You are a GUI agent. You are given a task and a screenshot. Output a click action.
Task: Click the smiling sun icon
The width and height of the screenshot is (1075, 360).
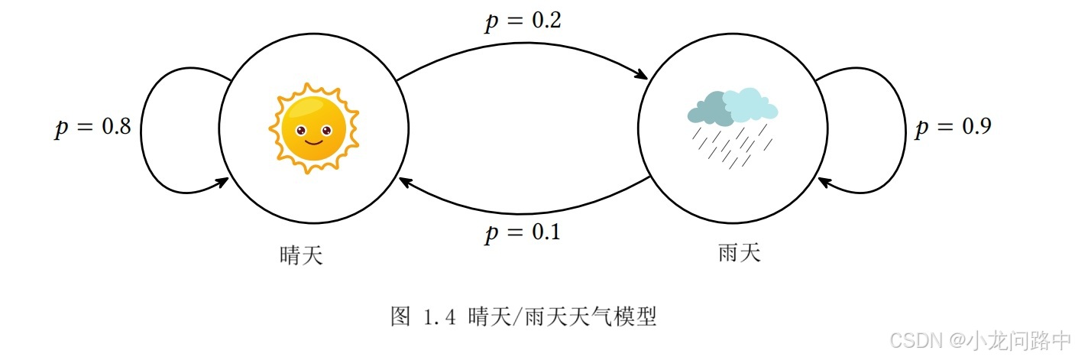(313, 128)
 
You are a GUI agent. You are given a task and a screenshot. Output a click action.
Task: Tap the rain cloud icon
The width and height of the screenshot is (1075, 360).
(732, 126)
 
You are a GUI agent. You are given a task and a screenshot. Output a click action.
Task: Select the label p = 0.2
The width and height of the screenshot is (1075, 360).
(523, 21)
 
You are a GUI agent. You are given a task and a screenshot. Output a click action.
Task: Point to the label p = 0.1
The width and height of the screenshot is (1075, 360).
(523, 232)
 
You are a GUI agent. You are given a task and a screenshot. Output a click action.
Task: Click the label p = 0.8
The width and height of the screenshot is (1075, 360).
(92, 127)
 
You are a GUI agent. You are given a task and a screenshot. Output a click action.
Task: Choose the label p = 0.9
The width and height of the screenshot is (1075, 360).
(953, 127)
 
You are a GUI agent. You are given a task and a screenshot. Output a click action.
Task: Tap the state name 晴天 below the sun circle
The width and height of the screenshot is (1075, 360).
(302, 255)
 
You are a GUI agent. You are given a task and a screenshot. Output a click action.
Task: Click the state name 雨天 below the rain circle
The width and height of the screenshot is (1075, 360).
(740, 252)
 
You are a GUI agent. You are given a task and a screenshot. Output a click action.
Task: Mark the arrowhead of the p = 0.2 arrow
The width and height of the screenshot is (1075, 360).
(643, 76)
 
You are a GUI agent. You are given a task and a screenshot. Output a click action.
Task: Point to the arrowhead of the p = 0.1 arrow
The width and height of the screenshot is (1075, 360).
(403, 180)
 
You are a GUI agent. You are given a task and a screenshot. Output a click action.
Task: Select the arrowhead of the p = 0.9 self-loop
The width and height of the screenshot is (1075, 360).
(824, 181)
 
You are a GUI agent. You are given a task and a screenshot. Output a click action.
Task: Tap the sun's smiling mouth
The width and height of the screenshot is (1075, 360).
(313, 141)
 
